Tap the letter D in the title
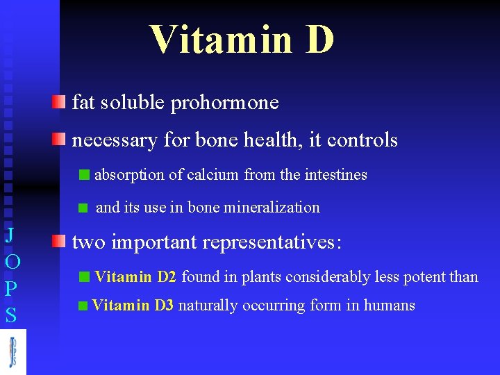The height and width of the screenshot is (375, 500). click(319, 39)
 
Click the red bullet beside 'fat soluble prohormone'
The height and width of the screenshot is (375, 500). click(59, 103)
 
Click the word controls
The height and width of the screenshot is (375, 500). click(362, 140)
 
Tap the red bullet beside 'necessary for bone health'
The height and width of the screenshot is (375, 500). click(59, 140)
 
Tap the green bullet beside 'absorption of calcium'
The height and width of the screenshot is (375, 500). click(85, 175)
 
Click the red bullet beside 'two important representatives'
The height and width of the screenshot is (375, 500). click(59, 242)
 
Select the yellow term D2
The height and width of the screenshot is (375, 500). click(167, 277)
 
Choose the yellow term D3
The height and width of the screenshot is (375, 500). click(164, 305)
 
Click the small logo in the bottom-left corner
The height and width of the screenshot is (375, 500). click(12, 351)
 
